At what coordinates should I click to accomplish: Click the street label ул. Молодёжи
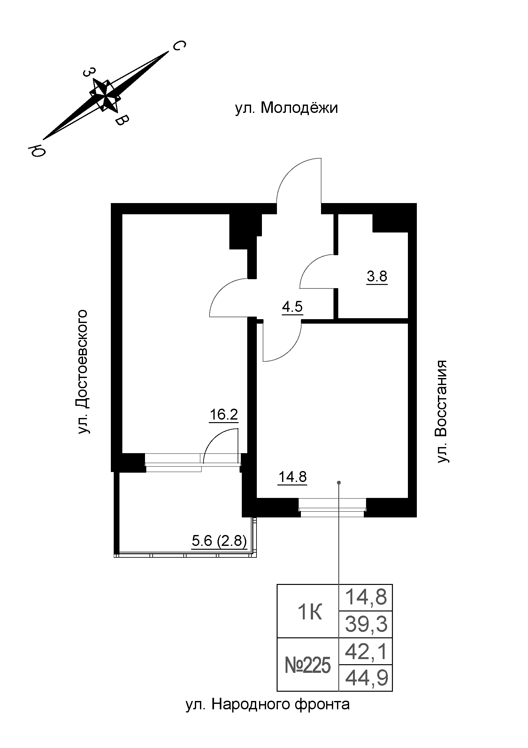[286, 108]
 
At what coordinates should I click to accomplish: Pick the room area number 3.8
[377, 277]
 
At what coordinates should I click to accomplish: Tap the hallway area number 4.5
[292, 307]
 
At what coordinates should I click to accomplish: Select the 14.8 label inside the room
[293, 477]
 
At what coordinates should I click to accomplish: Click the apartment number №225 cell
[308, 665]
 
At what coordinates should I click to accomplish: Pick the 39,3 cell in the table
[366, 625]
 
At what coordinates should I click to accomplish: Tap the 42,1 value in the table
[366, 652]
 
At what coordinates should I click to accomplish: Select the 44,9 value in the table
[366, 678]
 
